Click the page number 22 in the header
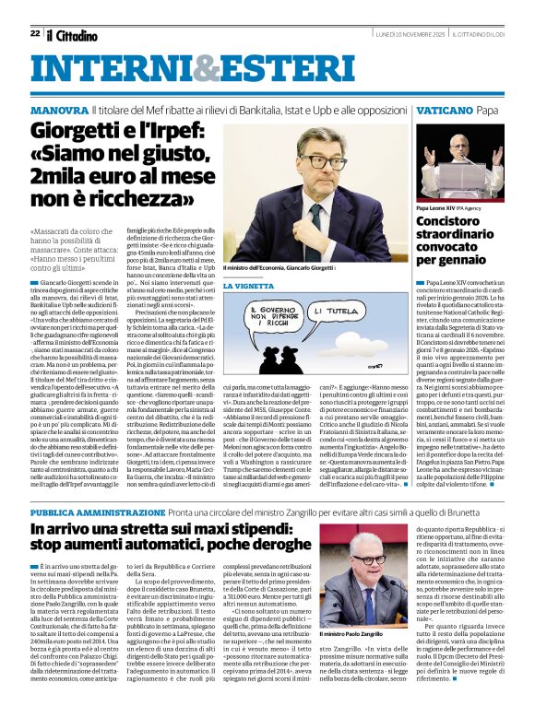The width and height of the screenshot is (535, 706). [x=34, y=33]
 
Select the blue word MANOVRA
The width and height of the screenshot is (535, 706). [x=58, y=110]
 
